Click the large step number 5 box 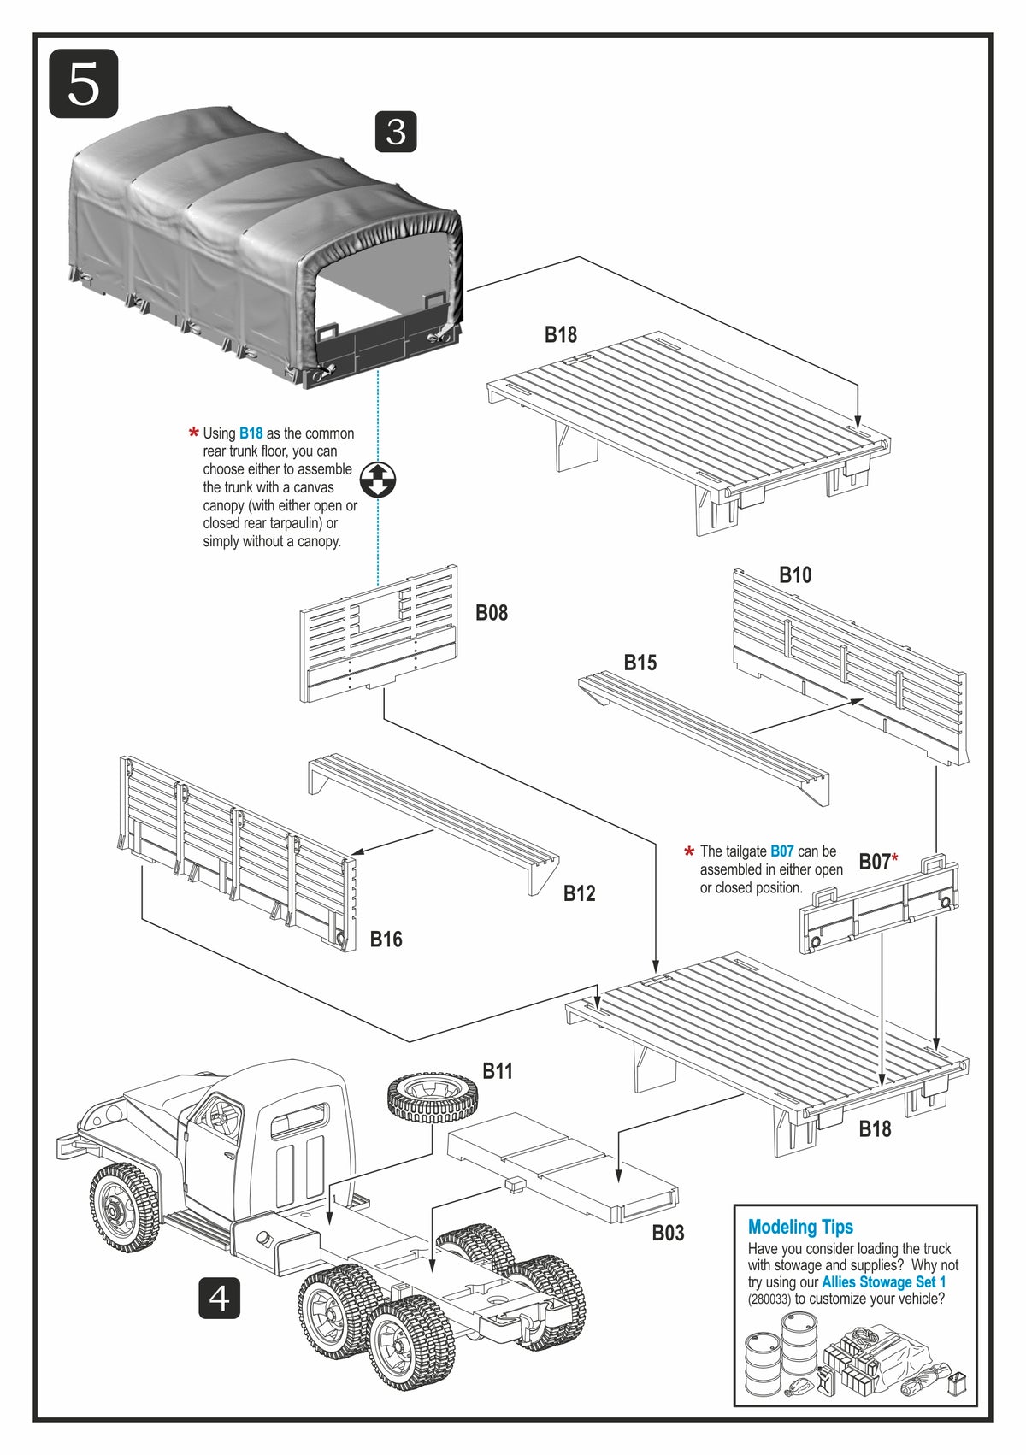tap(83, 83)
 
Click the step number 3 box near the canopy tap(396, 132)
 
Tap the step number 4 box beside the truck tap(219, 1298)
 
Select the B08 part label tap(492, 612)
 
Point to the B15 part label tap(640, 662)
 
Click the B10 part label tap(795, 574)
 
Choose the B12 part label tap(579, 893)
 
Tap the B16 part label tap(386, 939)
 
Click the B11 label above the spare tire tap(498, 1070)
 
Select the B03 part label tap(668, 1232)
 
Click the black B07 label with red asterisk tap(876, 861)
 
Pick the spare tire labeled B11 tap(433, 1097)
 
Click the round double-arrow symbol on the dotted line tap(378, 480)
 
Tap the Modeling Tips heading tap(800, 1227)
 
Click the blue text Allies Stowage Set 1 tap(883, 1281)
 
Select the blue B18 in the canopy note tap(251, 433)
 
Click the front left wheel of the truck tap(124, 1206)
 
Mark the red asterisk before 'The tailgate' tap(689, 852)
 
